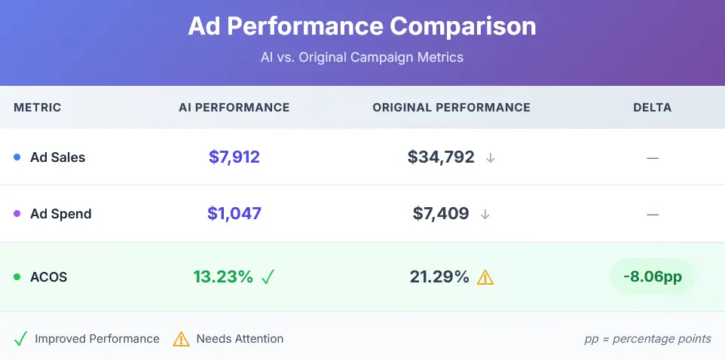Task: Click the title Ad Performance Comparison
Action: pyautogui.click(x=362, y=26)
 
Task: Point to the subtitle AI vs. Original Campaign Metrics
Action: pyautogui.click(x=362, y=57)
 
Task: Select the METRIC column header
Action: pyautogui.click(x=37, y=108)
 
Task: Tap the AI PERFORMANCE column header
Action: pyautogui.click(x=234, y=108)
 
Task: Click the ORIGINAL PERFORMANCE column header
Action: pyautogui.click(x=451, y=108)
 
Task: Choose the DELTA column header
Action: pyautogui.click(x=652, y=108)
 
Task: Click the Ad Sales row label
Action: pyautogui.click(x=57, y=157)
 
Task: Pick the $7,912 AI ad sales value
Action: pyautogui.click(x=234, y=157)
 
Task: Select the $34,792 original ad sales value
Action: pyautogui.click(x=441, y=157)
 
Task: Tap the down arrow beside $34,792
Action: pyautogui.click(x=490, y=157)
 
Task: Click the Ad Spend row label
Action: pyautogui.click(x=60, y=214)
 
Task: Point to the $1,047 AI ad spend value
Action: pyautogui.click(x=234, y=214)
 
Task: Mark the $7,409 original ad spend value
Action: pyautogui.click(x=441, y=214)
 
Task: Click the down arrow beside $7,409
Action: pyautogui.click(x=485, y=214)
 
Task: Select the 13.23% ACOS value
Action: pyautogui.click(x=223, y=277)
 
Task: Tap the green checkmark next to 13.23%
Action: pyautogui.click(x=268, y=277)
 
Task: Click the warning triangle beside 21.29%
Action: pyautogui.click(x=485, y=277)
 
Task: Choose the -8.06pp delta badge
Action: pyautogui.click(x=652, y=277)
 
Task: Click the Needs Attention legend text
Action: pyautogui.click(x=240, y=339)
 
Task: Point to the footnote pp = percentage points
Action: pyautogui.click(x=647, y=339)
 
